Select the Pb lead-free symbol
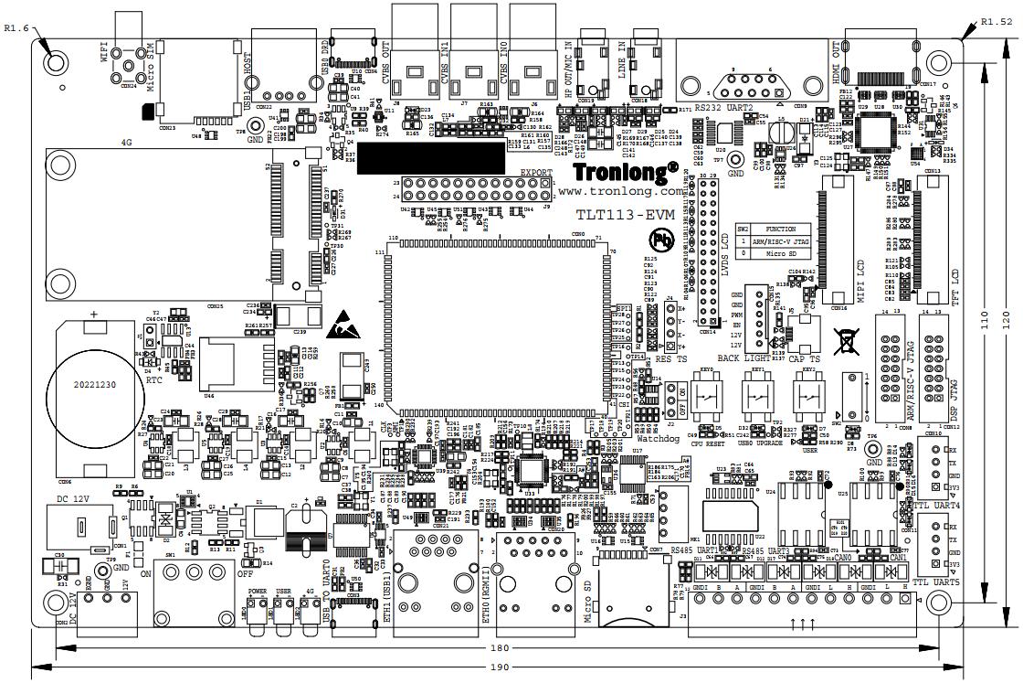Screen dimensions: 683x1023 click(660, 240)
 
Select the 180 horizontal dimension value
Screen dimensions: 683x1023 click(498, 648)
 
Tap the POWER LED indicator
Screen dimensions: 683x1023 click(257, 614)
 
